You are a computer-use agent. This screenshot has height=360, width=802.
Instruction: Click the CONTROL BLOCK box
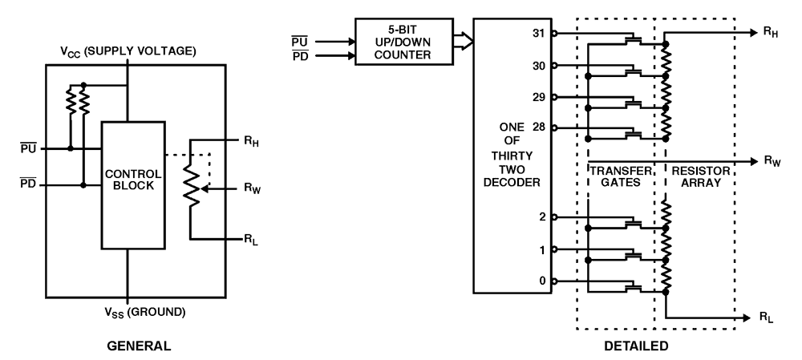[x=132, y=184]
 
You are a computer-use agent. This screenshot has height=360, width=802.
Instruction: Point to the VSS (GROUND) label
[x=128, y=310]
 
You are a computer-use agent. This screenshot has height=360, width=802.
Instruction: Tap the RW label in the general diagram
[x=253, y=190]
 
